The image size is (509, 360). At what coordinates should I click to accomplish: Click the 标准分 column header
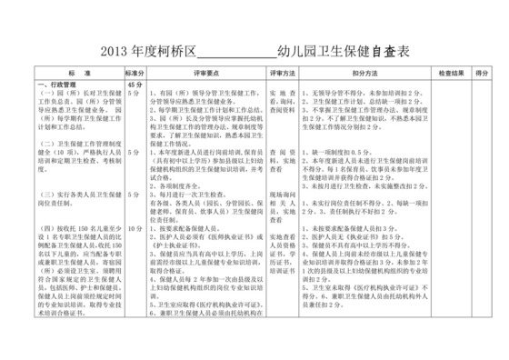(x=135, y=71)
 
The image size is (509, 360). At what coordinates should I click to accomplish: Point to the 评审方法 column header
(x=283, y=71)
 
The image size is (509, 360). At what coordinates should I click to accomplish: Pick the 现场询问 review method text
(x=283, y=193)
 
